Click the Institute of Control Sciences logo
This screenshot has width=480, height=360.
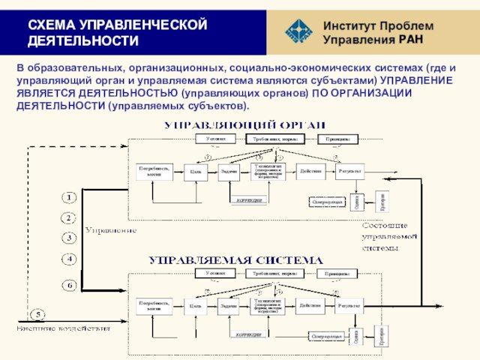pyautogui.click(x=299, y=31)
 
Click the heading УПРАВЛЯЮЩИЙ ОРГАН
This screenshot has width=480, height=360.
pyautogui.click(x=245, y=124)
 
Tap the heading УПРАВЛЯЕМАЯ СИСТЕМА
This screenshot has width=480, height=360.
pyautogui.click(x=235, y=260)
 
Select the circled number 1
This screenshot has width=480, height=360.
pyautogui.click(x=69, y=197)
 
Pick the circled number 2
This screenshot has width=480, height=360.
pyautogui.click(x=69, y=218)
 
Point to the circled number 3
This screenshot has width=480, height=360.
pyautogui.click(x=69, y=238)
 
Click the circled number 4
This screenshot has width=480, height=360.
pyautogui.click(x=69, y=259)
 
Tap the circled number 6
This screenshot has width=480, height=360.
pyautogui.click(x=69, y=286)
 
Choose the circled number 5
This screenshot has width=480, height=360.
pyautogui.click(x=37, y=313)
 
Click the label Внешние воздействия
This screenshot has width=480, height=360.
pyautogui.click(x=64, y=328)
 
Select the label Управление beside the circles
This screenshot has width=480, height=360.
pyautogui.click(x=110, y=230)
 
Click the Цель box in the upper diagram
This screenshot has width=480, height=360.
pyautogui.click(x=196, y=172)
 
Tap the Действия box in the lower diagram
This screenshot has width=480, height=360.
pyautogui.click(x=310, y=306)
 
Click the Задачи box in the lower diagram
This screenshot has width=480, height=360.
pyautogui.click(x=229, y=307)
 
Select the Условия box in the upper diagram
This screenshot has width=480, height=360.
pyautogui.click(x=215, y=139)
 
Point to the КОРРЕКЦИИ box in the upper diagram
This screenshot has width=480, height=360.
pyautogui.click(x=249, y=200)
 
